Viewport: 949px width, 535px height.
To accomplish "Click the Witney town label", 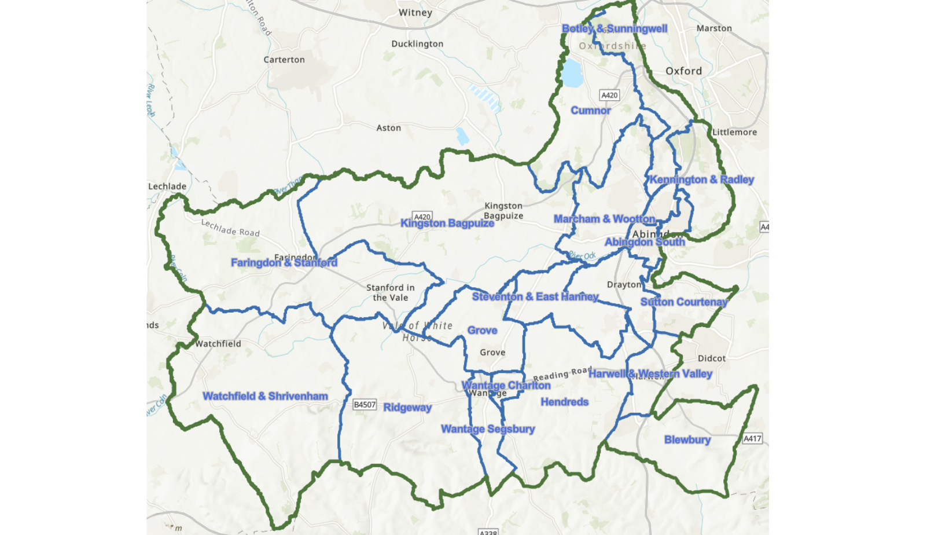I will (x=415, y=13).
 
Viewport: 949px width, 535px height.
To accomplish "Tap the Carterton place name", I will (x=284, y=60).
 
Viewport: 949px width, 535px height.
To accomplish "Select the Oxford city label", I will (x=683, y=71).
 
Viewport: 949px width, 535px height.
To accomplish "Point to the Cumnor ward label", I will (x=590, y=111).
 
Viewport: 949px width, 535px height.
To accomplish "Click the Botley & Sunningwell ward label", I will (x=614, y=29).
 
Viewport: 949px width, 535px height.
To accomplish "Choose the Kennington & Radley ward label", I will (x=701, y=179).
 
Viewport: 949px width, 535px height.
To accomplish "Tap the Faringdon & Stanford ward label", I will (x=284, y=263).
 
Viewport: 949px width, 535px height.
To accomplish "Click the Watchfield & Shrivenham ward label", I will (x=265, y=397).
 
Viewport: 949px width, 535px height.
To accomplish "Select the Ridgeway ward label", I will (x=407, y=408).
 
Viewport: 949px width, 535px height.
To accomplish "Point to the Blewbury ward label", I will (x=687, y=440).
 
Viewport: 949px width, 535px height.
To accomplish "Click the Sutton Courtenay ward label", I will (x=683, y=302).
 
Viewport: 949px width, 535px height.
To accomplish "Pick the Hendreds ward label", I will (x=564, y=402).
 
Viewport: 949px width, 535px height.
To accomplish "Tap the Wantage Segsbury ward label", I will (x=487, y=429).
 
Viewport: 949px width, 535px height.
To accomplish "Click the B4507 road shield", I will (x=365, y=405).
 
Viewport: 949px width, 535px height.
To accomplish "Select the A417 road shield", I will (x=752, y=438).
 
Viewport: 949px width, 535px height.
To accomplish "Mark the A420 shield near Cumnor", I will (x=609, y=95).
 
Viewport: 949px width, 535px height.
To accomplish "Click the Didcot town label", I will (x=711, y=358).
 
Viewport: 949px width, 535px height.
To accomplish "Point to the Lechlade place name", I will (x=167, y=186).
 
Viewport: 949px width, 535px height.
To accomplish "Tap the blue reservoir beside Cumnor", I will (x=572, y=73).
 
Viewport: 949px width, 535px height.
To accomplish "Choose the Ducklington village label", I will (x=417, y=44).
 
